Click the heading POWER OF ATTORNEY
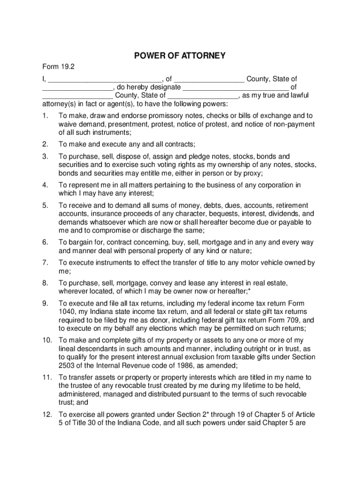(180, 56)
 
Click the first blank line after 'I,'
(105, 79)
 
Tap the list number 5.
(45, 205)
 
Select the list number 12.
(46, 414)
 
